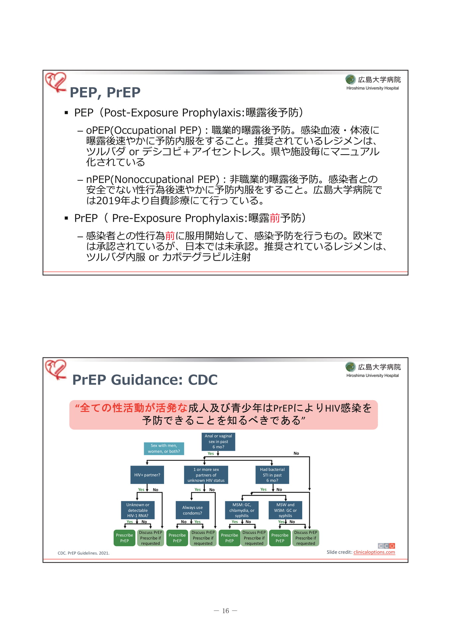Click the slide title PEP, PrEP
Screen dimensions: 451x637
pos(105,93)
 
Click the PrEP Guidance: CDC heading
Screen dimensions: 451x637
pos(145,380)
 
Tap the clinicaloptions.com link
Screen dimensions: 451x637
pos(374,552)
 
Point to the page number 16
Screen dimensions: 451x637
pos(225,611)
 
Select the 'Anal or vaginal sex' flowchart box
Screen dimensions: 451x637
pos(218,442)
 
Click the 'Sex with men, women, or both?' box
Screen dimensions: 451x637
pos(164,449)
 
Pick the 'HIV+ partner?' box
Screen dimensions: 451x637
pos(147,475)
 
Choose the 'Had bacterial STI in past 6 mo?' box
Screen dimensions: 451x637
pos(272,475)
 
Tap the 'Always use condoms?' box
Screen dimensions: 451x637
pos(192,510)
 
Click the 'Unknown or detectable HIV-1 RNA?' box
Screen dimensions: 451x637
pos(138,510)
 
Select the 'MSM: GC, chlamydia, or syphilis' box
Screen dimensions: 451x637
pos(242,510)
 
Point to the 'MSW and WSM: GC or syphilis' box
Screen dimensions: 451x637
pos(285,510)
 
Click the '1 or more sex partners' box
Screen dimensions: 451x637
pos(206,475)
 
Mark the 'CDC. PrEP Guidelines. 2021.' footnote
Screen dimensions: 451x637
pos(83,553)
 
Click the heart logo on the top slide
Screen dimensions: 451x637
pos(56,82)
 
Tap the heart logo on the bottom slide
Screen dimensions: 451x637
pos(56,369)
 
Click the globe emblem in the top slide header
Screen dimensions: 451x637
pos(350,80)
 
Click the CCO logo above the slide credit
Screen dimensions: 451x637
pos(386,546)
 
